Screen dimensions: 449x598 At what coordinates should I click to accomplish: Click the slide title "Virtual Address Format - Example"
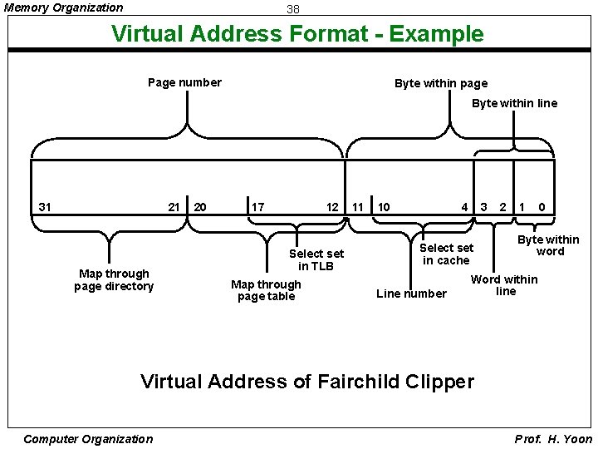297,34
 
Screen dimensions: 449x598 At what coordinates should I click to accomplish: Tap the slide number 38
292,9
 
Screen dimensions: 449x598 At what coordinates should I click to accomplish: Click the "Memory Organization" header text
64,7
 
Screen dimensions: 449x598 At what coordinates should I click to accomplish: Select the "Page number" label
184,82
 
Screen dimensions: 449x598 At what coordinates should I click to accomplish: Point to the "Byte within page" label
441,83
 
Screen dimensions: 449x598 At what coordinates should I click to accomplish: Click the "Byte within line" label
514,103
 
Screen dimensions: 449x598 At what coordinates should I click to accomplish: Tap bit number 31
45,206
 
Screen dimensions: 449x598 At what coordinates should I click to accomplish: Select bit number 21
174,206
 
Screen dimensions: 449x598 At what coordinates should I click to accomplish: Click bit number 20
200,206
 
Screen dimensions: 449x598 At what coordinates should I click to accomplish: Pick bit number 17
258,206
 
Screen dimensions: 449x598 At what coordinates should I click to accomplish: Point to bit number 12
332,206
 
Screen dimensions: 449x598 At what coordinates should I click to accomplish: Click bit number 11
358,206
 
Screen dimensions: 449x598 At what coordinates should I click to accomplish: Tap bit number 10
384,206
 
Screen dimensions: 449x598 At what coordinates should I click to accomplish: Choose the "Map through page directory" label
114,280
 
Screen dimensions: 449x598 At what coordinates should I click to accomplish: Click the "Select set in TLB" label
316,259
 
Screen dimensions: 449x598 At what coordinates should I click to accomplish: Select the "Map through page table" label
266,290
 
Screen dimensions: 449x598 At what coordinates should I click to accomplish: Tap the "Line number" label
411,294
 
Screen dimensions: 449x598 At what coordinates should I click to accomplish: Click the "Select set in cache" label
446,254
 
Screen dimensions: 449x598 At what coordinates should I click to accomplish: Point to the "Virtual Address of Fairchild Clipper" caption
307,382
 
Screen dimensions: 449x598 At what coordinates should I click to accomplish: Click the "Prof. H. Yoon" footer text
554,439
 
